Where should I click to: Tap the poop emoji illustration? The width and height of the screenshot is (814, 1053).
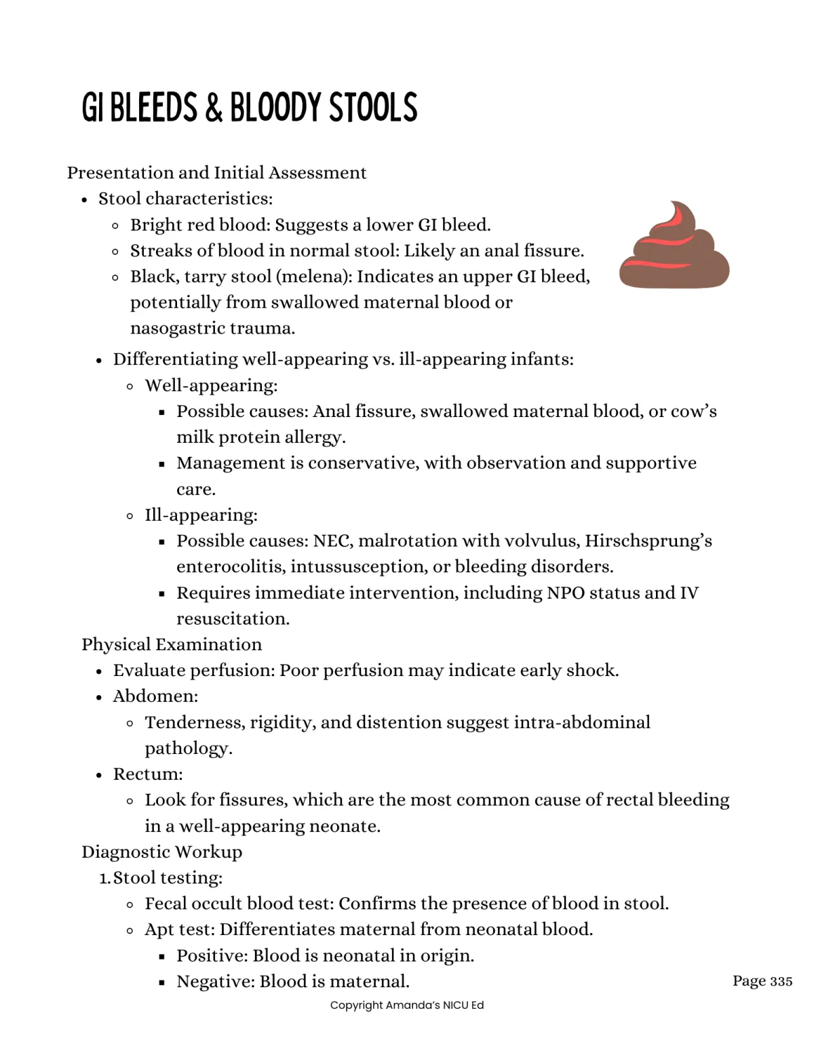pos(674,246)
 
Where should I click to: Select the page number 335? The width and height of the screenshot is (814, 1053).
pos(781,981)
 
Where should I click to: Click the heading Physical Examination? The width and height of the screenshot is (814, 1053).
pos(172,644)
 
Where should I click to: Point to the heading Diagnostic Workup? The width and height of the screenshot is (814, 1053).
pos(161,852)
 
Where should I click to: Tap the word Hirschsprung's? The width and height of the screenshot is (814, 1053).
pos(648,541)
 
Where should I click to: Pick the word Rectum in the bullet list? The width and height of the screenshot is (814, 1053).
pos(147,774)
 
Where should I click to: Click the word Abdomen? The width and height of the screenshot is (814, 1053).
pos(155,696)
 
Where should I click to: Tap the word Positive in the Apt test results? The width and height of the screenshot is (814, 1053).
pos(210,955)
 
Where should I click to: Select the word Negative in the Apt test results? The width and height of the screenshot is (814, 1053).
pos(214,981)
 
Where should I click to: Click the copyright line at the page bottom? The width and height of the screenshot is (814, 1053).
pos(407,1005)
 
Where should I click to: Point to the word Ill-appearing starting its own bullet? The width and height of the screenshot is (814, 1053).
pos(200,515)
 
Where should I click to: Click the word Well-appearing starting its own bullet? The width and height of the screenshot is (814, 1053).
pos(210,386)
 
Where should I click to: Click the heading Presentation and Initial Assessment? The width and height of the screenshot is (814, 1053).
pos(216,173)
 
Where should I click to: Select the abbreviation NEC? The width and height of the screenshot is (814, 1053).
pos(330,541)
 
